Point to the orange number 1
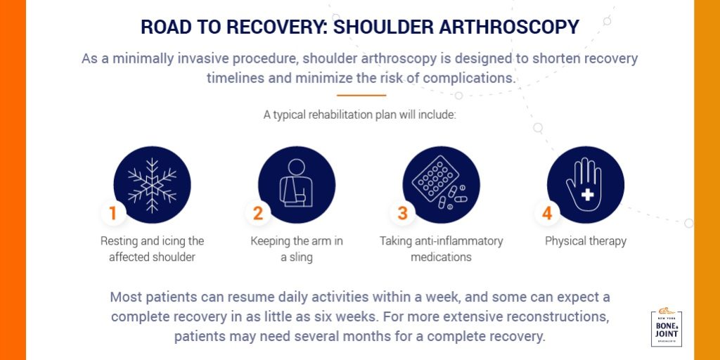point(113,213)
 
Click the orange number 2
point(258,213)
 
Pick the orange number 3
point(402,213)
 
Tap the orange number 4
point(547,213)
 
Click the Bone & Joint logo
point(667,328)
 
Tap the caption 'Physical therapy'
point(585,241)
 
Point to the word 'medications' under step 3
point(441,257)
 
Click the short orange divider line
point(361,95)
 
